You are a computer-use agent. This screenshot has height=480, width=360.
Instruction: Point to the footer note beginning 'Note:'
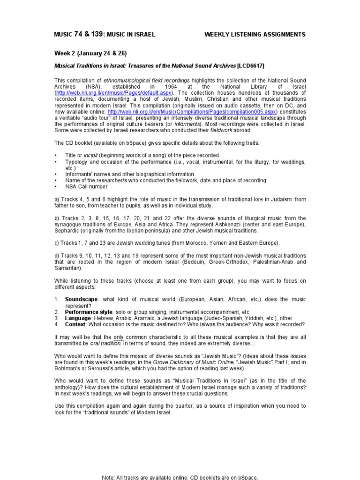[180, 477]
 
